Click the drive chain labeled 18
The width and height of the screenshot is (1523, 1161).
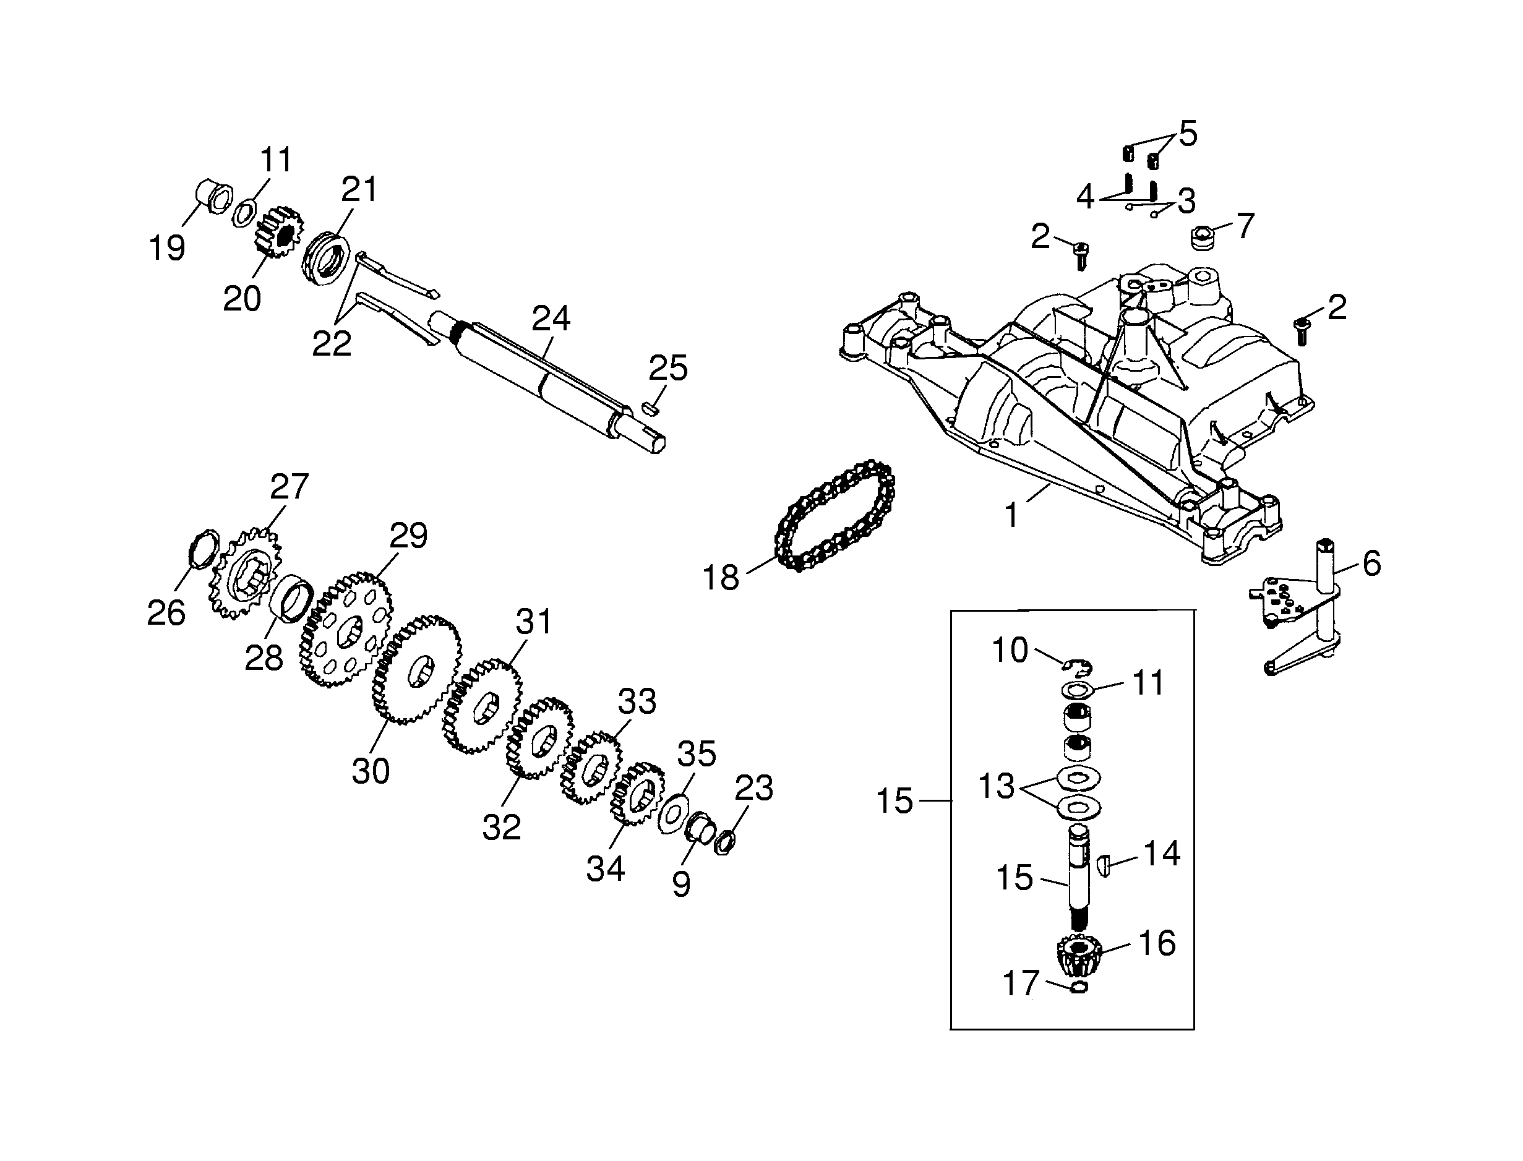[834, 515]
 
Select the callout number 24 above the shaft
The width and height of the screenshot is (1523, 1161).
[551, 319]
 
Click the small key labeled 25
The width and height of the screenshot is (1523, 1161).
[650, 408]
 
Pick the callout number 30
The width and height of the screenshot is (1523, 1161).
[371, 771]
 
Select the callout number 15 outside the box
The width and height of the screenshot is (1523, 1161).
[894, 802]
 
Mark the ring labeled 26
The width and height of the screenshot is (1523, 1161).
[203, 549]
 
